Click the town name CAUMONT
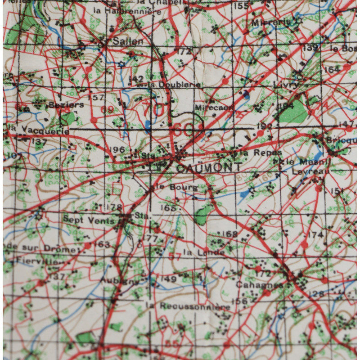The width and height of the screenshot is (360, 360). tap(202, 168)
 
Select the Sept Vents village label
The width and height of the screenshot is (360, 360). tap(82, 220)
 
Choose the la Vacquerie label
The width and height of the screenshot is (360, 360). tap(38, 130)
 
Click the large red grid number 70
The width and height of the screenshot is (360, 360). tap(153, 109)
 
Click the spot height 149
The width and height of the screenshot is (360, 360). tap(168, 279)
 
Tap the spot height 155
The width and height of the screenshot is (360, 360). tap(241, 6)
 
